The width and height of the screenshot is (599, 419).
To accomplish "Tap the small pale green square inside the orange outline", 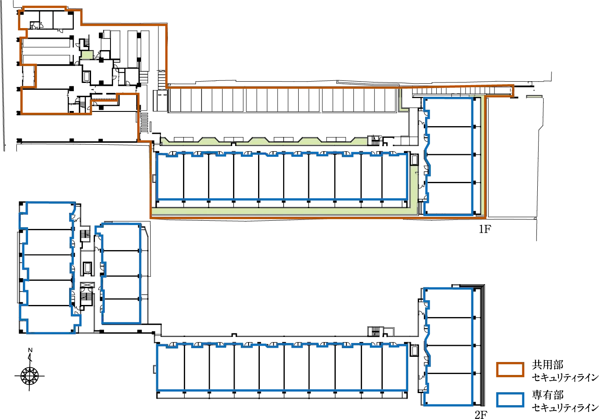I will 87,55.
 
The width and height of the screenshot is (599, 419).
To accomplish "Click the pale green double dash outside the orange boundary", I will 534,97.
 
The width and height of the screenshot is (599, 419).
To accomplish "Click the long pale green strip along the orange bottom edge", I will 281,212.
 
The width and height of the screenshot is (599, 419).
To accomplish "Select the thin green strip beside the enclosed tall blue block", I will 478,156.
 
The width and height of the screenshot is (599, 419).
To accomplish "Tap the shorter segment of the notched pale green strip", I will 196,142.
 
